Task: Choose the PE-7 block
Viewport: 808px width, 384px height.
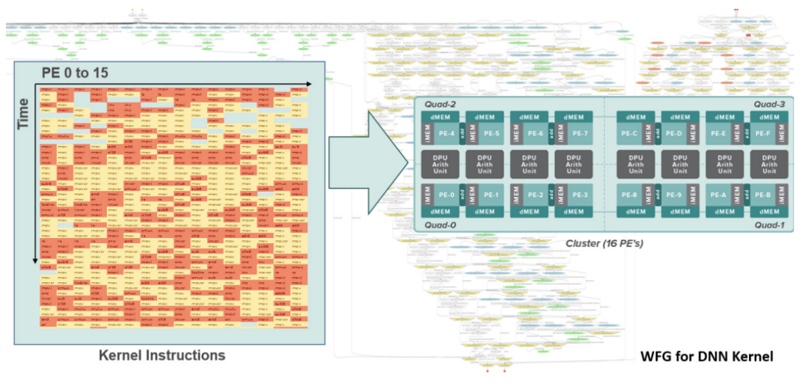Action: [581, 133]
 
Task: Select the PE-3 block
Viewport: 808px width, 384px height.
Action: [581, 195]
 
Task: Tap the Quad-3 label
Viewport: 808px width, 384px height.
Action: [769, 104]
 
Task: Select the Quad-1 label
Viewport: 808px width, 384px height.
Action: [769, 225]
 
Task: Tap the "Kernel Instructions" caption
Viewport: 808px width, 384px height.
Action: [162, 356]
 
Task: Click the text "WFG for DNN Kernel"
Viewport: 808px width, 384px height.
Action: [706, 357]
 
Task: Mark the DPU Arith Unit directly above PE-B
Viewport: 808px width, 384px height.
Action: [770, 164]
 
